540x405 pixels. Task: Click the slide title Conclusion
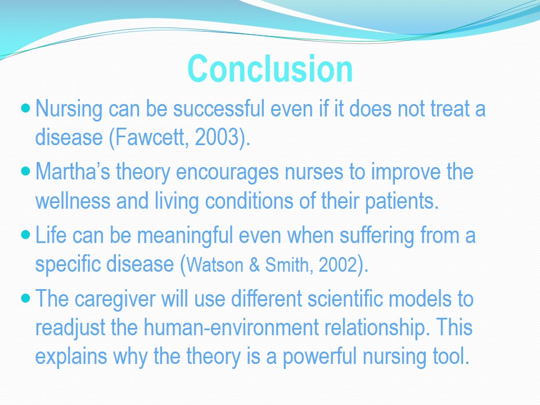270,69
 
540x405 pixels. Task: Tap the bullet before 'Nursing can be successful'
26,108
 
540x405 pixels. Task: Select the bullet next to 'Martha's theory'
26,171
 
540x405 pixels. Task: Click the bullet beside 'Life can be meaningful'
26,235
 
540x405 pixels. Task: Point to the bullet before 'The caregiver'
26,298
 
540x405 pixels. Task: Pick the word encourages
227,173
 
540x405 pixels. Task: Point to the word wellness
73,201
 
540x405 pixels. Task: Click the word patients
402,202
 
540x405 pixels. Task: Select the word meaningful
185,236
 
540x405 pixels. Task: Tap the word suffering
377,236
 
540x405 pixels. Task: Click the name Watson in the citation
215,265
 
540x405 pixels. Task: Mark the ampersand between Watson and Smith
254,265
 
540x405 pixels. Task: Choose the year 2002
337,265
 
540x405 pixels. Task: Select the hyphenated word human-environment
231,327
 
